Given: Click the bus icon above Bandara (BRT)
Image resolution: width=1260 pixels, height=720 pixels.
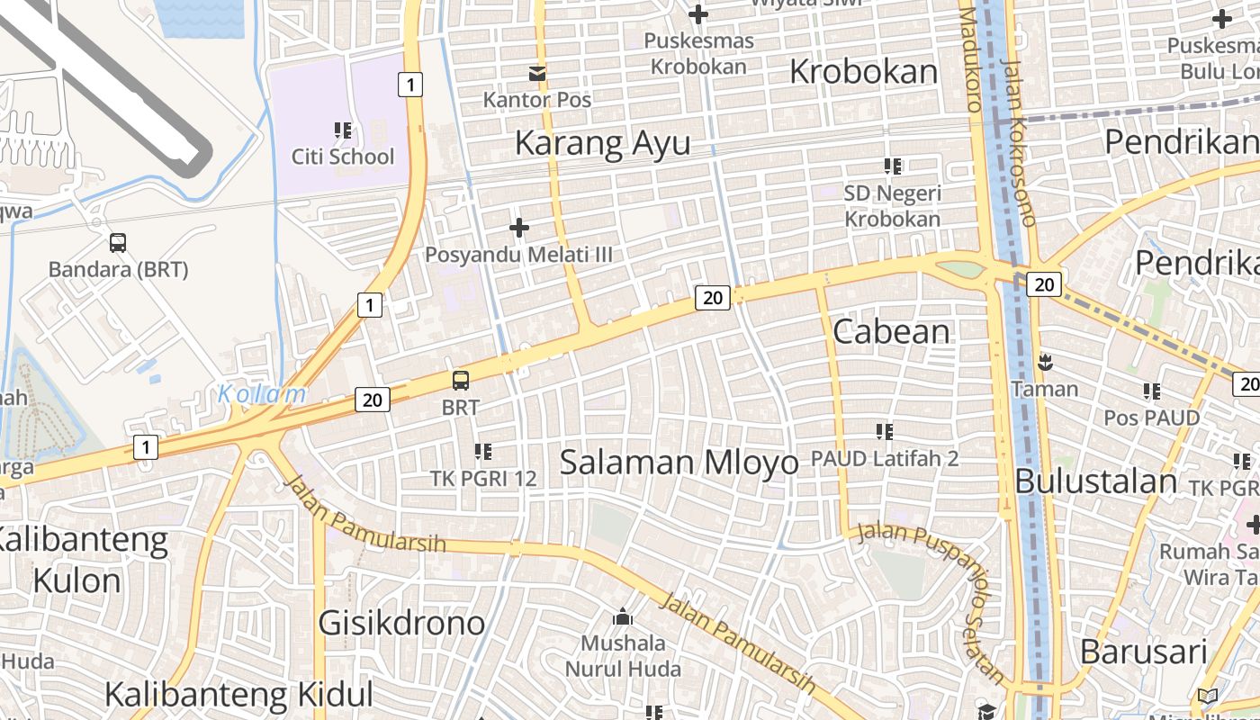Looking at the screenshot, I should [x=118, y=242].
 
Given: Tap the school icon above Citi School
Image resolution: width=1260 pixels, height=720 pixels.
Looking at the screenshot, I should [x=343, y=130].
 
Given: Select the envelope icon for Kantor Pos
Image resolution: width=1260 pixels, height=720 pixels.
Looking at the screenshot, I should [x=537, y=73].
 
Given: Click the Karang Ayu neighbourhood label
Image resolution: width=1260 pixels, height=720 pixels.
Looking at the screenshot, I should [x=603, y=143].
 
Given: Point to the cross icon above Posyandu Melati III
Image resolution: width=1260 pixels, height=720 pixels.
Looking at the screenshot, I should [x=519, y=228].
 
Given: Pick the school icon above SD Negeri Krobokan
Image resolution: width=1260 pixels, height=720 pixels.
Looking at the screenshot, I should [x=893, y=166].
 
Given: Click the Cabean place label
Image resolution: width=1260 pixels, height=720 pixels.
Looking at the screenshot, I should [x=891, y=331].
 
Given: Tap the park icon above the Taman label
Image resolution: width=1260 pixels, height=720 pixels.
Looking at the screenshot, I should [x=1045, y=363].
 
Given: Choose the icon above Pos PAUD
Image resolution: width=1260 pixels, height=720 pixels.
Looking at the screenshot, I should [x=1152, y=391].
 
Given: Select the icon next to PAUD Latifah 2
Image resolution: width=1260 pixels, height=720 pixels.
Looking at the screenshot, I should [x=885, y=432].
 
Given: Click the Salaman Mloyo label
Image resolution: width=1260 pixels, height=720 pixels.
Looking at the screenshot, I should [x=679, y=463].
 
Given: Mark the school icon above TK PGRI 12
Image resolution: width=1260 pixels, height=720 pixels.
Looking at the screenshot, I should [x=483, y=451].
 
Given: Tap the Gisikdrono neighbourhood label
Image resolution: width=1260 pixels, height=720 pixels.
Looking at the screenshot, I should [x=401, y=622].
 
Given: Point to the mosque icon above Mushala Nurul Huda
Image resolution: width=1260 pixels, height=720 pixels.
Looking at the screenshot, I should [x=622, y=617].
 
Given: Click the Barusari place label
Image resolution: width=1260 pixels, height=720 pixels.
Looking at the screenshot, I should [x=1143, y=652].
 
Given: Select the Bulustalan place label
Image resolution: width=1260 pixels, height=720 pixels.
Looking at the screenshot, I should [x=1095, y=481].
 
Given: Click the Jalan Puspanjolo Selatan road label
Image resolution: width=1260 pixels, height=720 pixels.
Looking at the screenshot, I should [x=936, y=594].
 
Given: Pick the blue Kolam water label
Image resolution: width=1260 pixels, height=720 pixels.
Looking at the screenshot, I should [x=262, y=394].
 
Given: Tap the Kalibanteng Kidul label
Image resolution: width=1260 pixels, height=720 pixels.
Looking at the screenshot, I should [x=238, y=694].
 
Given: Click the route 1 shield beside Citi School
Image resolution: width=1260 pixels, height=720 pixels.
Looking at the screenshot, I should [x=409, y=85].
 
